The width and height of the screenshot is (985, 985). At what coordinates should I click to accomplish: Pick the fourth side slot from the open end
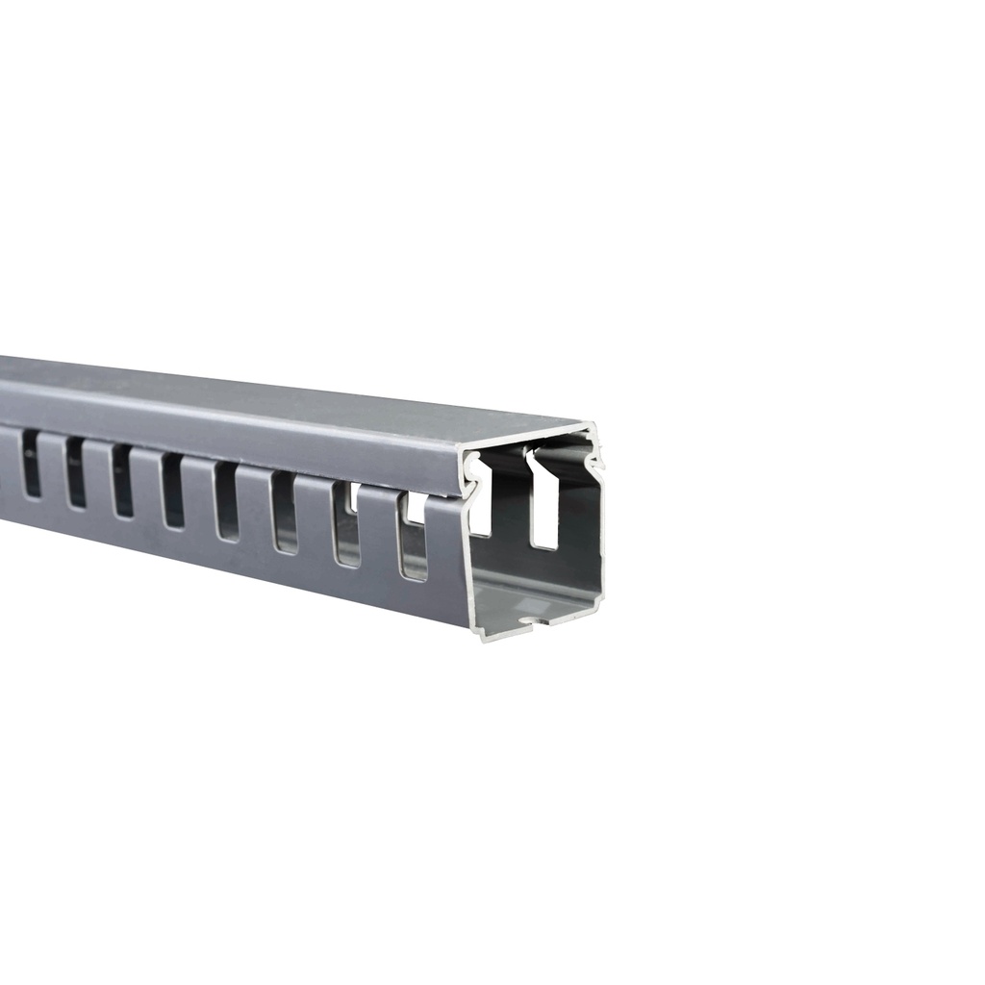click(x=226, y=501)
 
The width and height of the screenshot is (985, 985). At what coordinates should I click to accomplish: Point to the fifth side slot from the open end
click(x=173, y=490)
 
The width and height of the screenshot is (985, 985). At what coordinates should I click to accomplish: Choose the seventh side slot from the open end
click(x=75, y=471)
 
